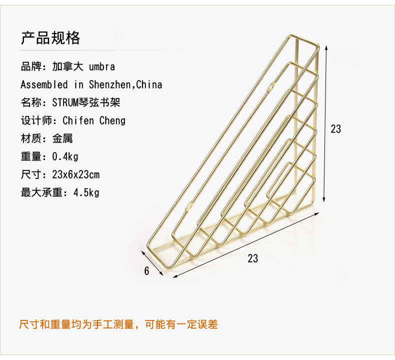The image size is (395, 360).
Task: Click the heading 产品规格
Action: click(50, 38)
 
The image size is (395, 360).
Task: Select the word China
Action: click(149, 84)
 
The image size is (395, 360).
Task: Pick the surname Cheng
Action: click(112, 120)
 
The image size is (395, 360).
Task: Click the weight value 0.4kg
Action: click(65, 156)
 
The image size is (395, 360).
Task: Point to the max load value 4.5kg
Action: click(86, 192)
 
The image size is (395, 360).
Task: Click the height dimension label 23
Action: click(336, 128)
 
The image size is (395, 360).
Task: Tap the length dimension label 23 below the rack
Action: click(253, 258)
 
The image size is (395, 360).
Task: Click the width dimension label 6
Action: click(146, 271)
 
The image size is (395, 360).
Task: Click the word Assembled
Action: click(44, 84)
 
